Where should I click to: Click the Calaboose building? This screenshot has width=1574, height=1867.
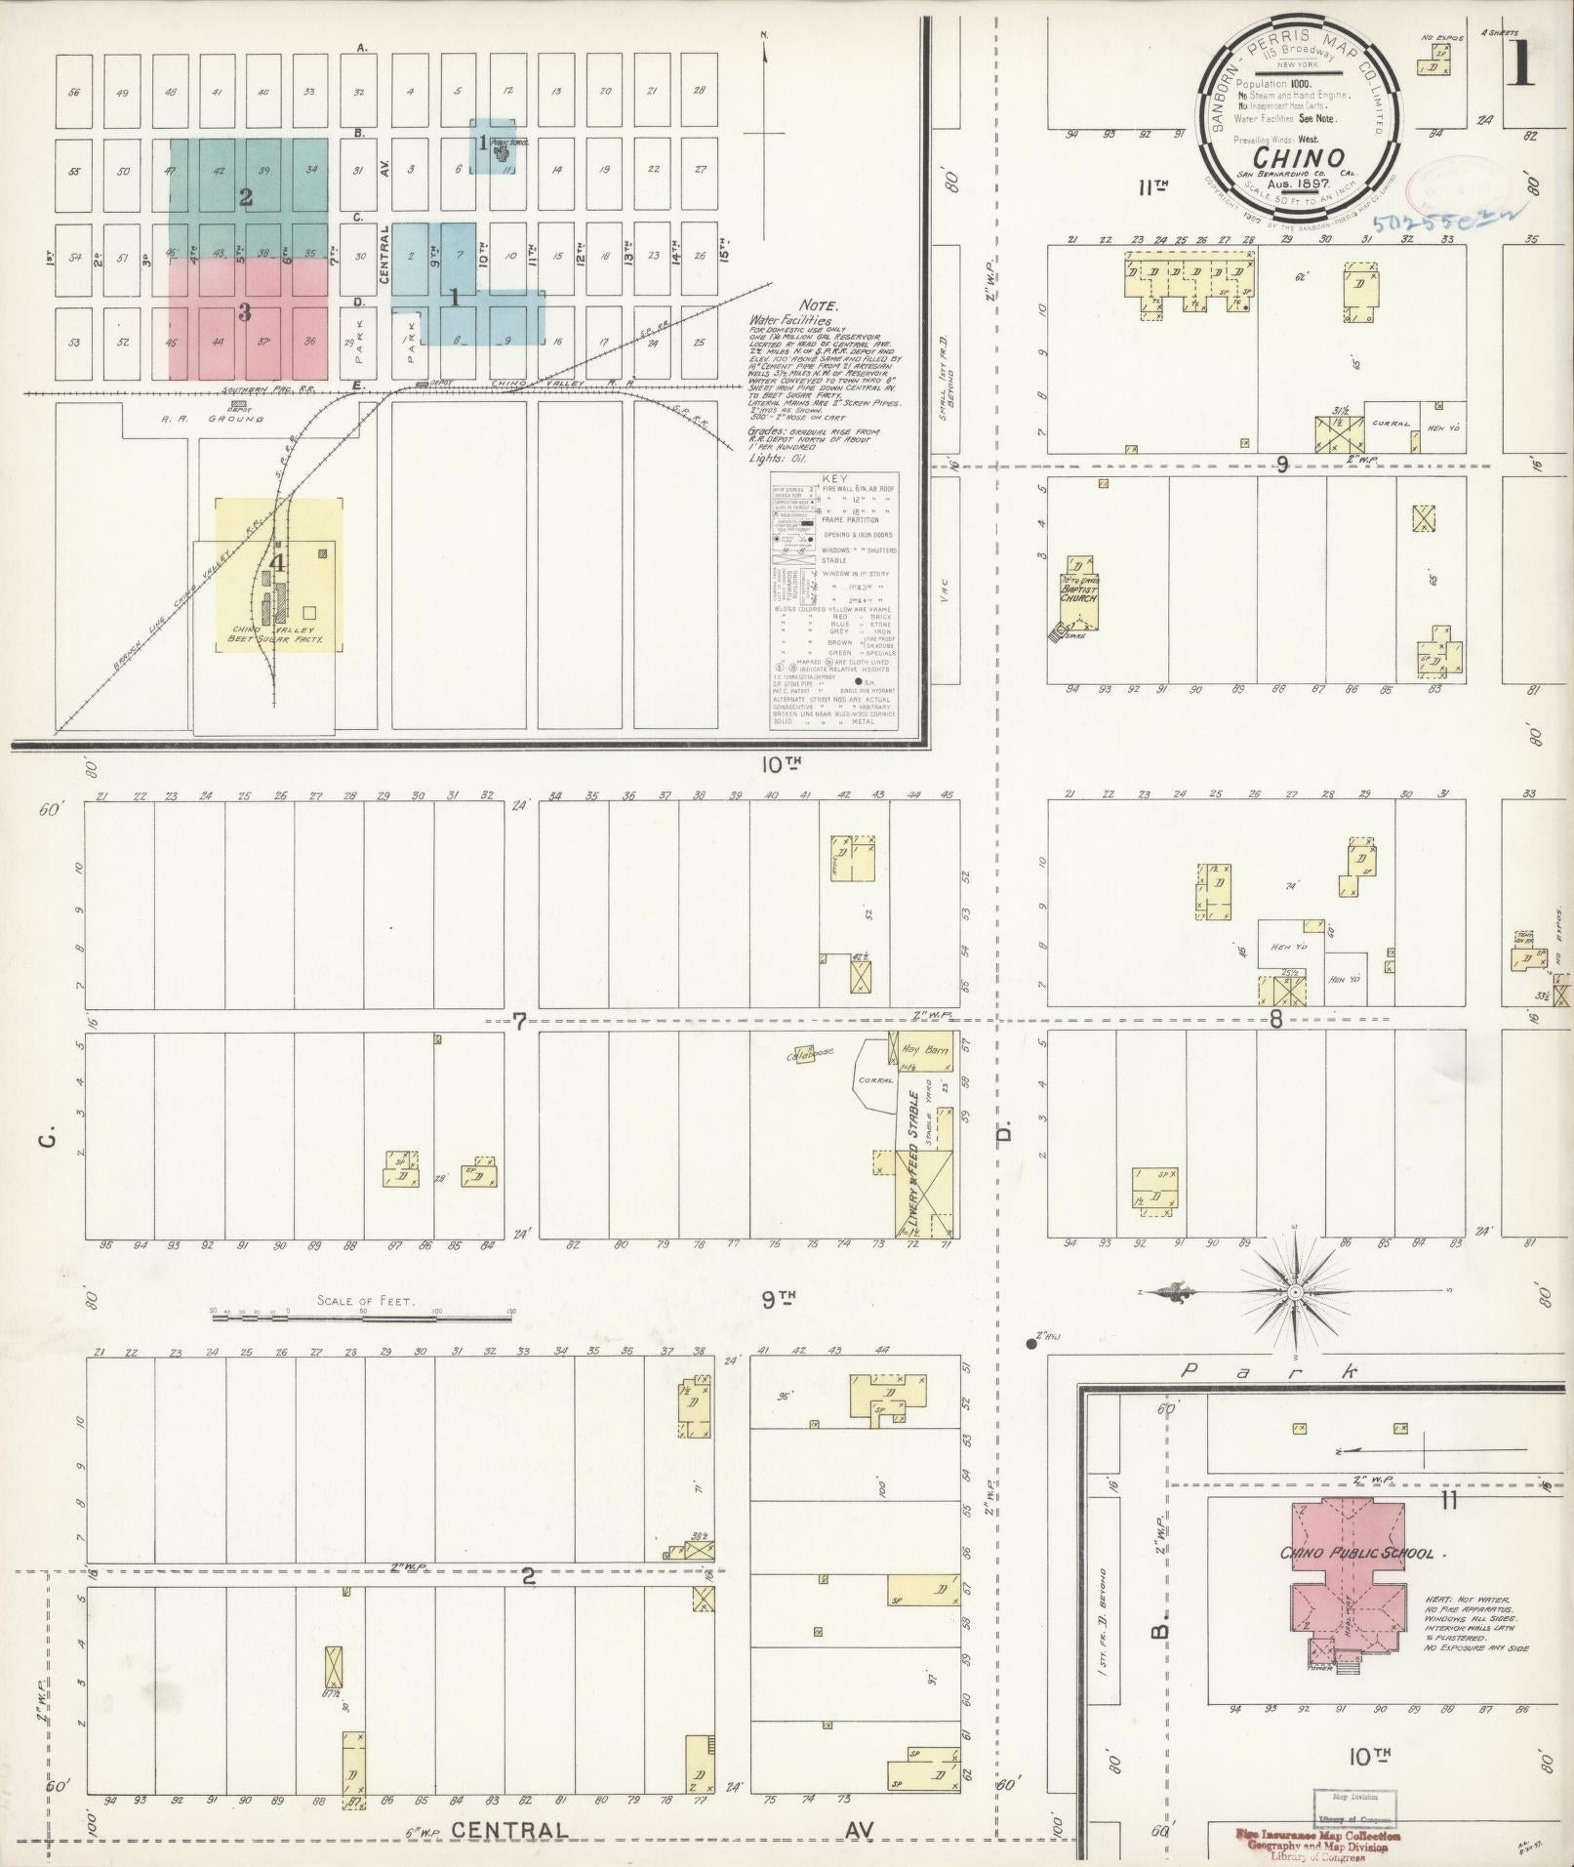(x=804, y=1054)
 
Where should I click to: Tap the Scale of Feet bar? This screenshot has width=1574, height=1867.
(x=361, y=1317)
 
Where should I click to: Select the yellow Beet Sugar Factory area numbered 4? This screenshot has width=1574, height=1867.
(x=278, y=576)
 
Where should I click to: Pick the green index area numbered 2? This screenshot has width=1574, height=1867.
(x=246, y=198)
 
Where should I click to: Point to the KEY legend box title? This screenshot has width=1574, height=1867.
(x=835, y=479)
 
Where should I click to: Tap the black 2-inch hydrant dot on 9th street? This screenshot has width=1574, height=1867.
(x=1030, y=1344)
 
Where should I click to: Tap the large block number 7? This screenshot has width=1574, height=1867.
(x=520, y=1022)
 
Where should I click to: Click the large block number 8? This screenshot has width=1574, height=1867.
(x=1275, y=1022)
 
